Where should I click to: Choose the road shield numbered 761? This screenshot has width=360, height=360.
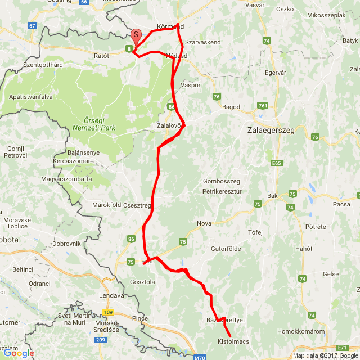262,106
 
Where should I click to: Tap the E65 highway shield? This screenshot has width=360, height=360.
276,163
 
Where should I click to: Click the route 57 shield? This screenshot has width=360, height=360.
31,26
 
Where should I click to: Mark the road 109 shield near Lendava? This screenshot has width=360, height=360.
108,312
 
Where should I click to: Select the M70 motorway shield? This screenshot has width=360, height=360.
199,357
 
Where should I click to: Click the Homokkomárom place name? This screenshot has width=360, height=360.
301,331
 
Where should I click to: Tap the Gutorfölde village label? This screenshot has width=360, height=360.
226,248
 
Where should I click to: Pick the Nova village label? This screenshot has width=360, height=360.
204,223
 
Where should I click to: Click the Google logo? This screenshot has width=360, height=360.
18,353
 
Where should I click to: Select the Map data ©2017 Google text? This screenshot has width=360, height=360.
325,355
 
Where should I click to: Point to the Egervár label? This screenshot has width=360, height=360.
276,73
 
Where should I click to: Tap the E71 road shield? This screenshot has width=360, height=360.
343,348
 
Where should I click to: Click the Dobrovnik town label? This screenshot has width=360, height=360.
67,244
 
